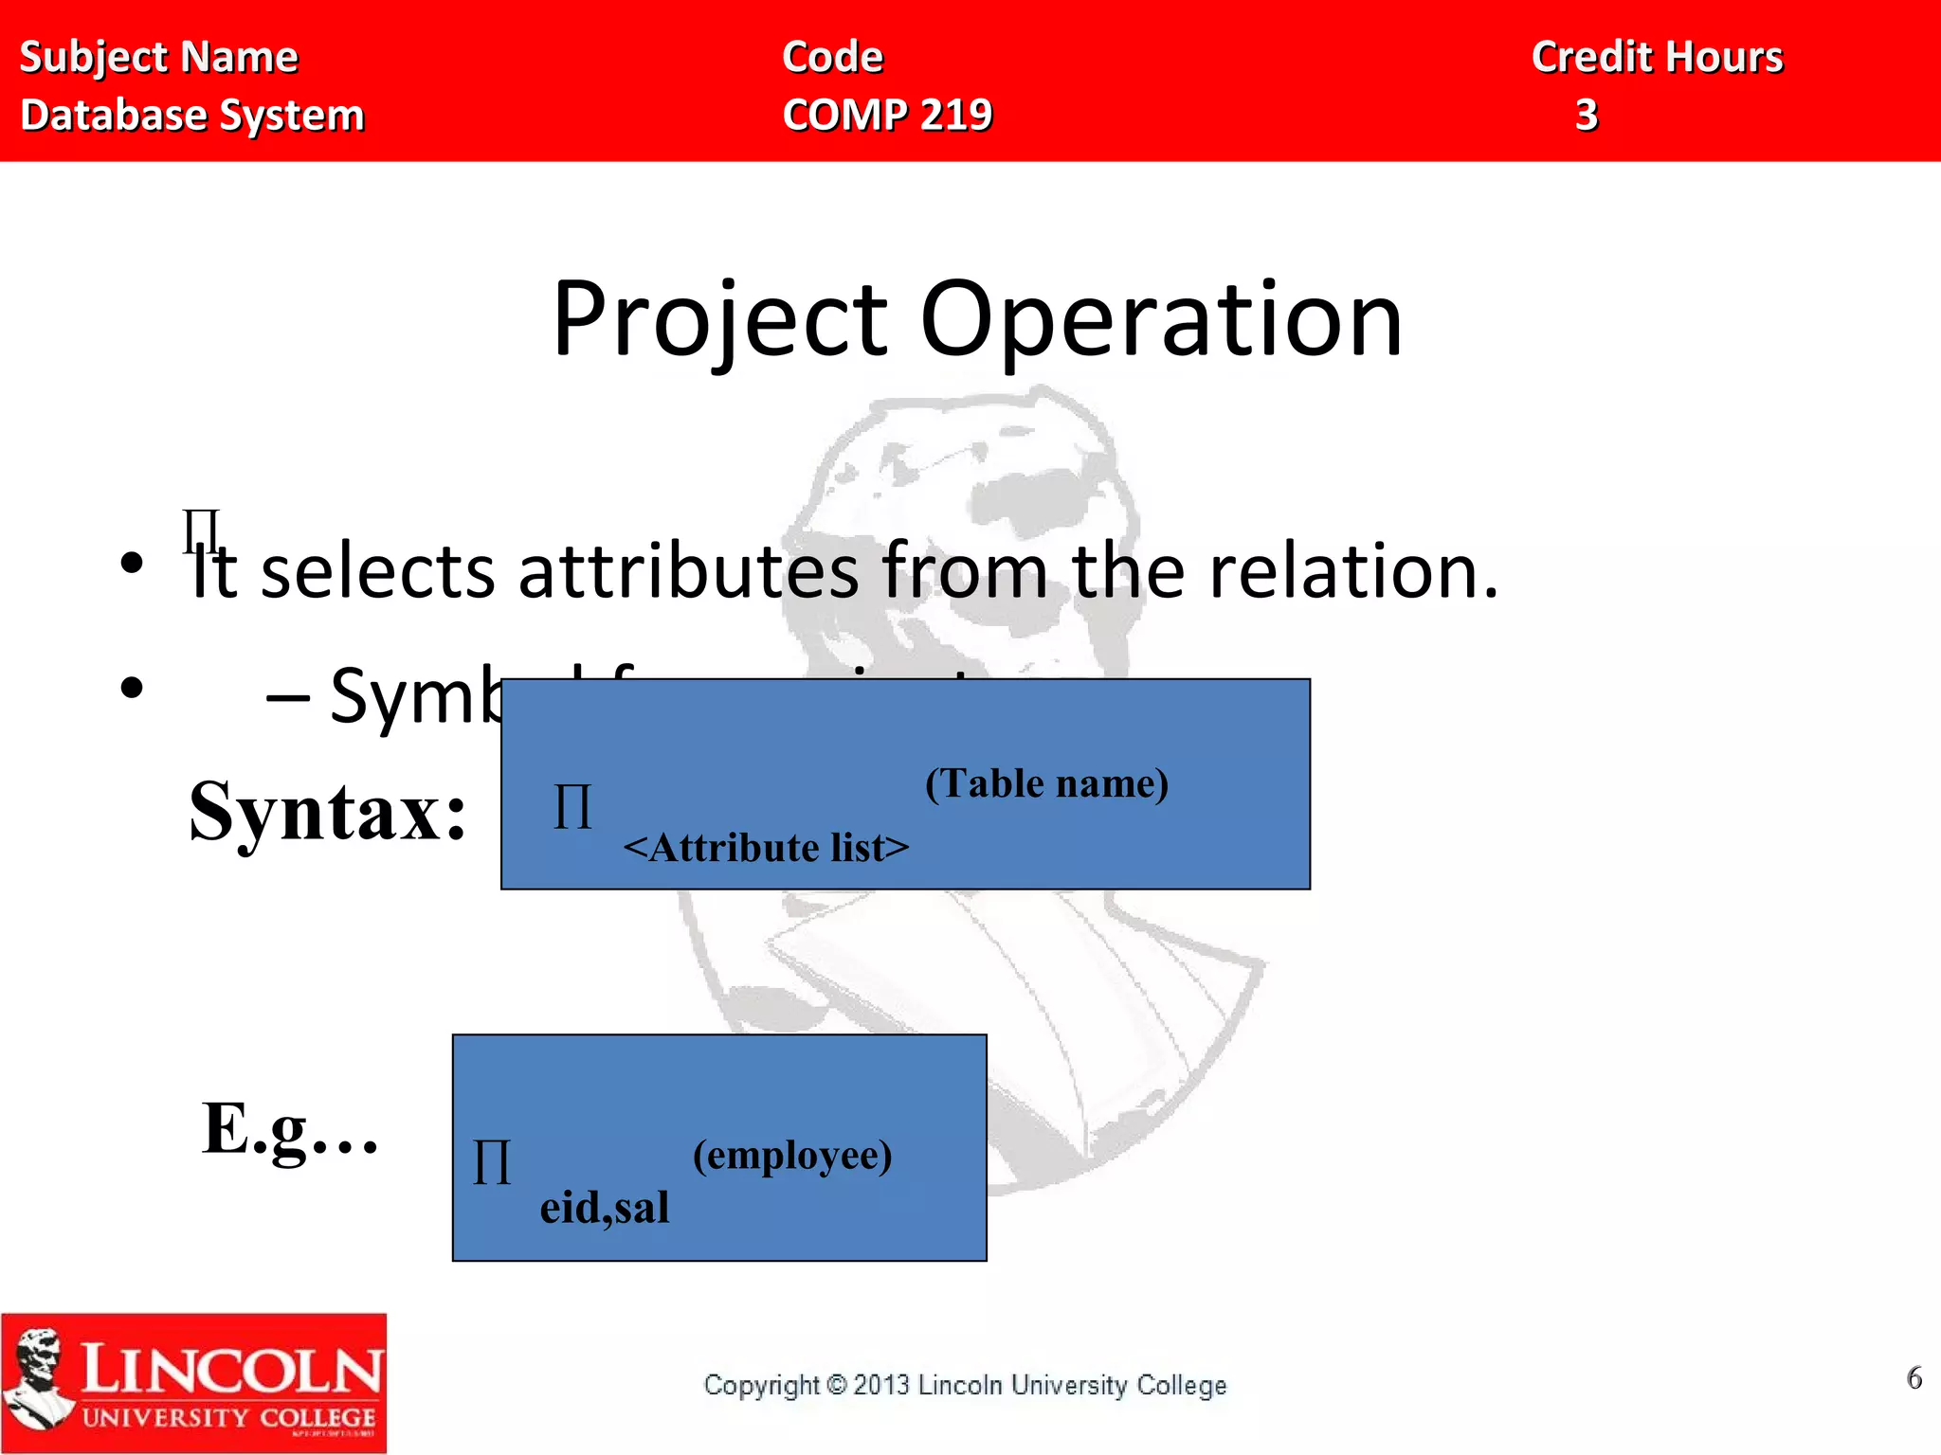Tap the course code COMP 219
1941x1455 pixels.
click(887, 115)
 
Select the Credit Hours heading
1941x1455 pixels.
click(1657, 57)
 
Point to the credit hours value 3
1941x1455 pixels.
click(1587, 115)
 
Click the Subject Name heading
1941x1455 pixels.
click(158, 57)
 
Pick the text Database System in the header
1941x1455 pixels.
click(192, 116)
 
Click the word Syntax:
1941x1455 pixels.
click(328, 812)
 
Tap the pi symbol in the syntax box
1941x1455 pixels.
click(572, 808)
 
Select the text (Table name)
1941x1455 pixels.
click(1046, 783)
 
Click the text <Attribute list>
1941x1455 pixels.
click(766, 848)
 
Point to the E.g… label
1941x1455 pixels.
click(290, 1129)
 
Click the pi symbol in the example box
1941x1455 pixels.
click(491, 1162)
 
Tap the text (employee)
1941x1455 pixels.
click(792, 1155)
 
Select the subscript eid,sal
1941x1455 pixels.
click(605, 1208)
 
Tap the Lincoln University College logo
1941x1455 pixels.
click(193, 1383)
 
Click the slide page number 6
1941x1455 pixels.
click(1914, 1377)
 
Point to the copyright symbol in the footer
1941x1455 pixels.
click(836, 1385)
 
